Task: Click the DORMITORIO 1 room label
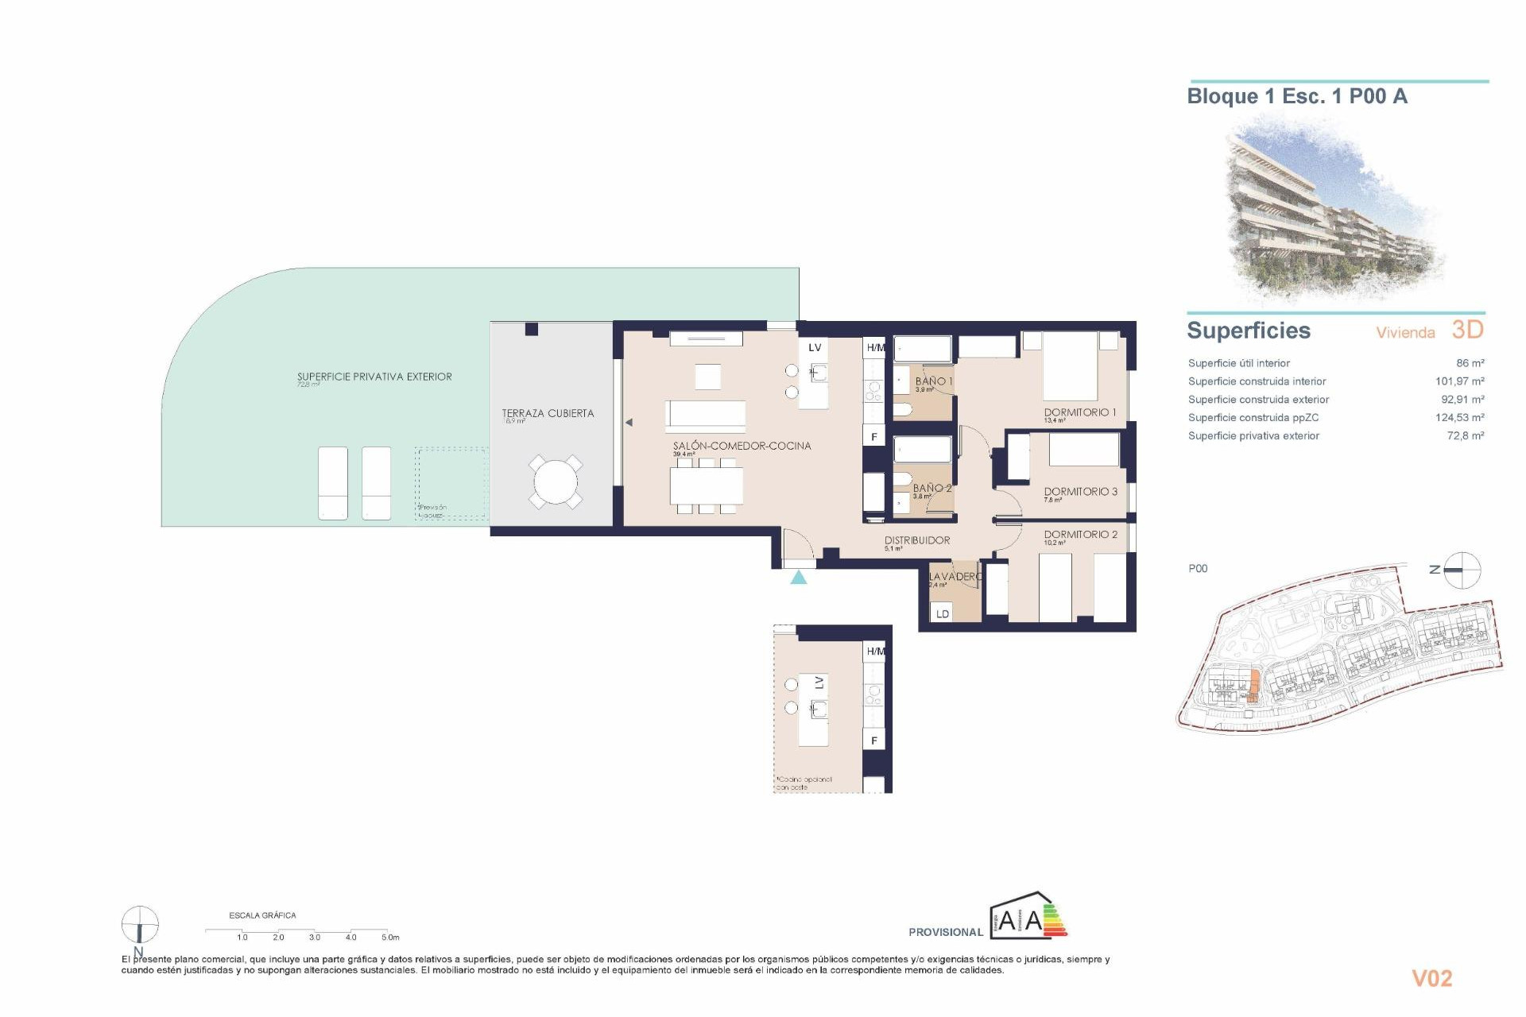(1079, 412)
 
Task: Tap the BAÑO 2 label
(931, 488)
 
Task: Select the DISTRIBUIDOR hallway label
(917, 540)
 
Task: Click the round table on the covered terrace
(556, 481)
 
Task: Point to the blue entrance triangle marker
(799, 578)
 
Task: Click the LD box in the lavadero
(943, 613)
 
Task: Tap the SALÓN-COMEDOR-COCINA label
(742, 446)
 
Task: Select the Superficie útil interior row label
(1238, 363)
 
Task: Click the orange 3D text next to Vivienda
(1467, 330)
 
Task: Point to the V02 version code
(1431, 978)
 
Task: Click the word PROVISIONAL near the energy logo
(946, 932)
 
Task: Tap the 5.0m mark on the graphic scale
(389, 937)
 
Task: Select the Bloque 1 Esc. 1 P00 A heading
(1296, 97)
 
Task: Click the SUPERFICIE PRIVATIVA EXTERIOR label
(374, 377)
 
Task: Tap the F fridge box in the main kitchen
(874, 436)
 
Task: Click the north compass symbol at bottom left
(139, 926)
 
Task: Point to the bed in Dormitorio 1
(1070, 366)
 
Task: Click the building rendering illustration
(1335, 211)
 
